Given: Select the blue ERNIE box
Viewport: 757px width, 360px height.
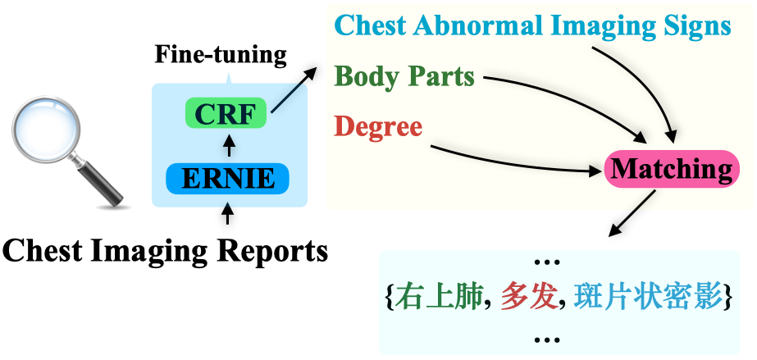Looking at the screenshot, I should pos(226,178).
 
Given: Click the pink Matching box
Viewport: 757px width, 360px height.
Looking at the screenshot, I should pos(671,170).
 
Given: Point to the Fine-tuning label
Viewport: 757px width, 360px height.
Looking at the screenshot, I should pos(221,55).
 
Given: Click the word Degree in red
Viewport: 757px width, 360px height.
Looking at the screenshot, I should pos(378,126).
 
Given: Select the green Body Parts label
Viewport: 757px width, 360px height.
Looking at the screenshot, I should pos(405,76).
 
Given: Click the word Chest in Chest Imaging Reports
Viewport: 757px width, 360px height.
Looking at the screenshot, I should pos(42,250).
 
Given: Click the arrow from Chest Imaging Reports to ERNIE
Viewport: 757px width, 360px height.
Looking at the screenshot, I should pos(229,212).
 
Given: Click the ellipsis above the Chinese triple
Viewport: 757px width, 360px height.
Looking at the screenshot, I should pos(545,262).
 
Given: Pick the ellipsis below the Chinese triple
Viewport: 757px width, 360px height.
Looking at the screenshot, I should pos(545,337).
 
